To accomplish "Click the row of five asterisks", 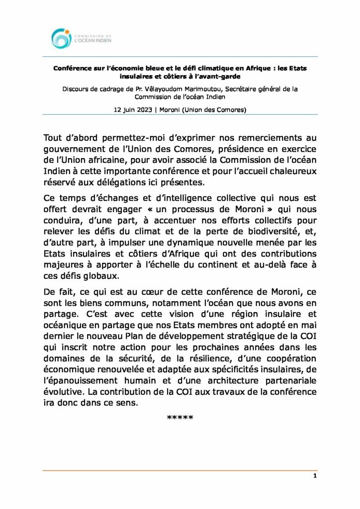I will coord(180,417).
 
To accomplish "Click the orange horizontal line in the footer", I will coord(180,470).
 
